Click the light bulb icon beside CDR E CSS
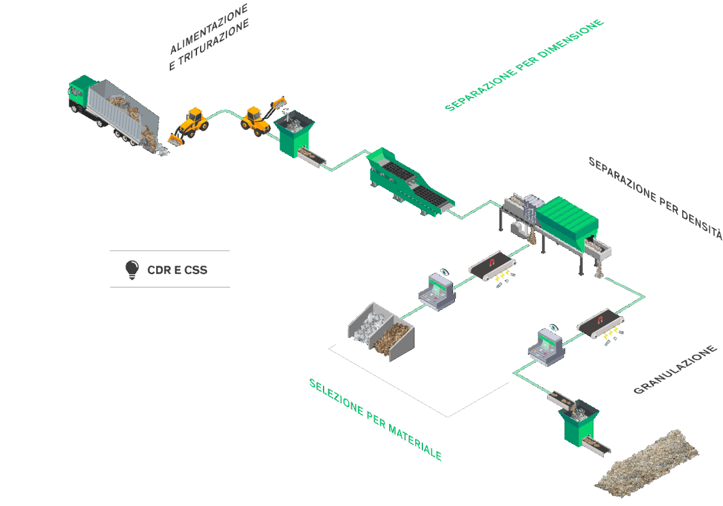pyautogui.click(x=131, y=270)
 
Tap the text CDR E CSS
pyautogui.click(x=177, y=270)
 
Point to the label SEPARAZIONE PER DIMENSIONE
pyautogui.click(x=524, y=65)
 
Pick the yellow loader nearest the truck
pyautogui.click(x=191, y=125)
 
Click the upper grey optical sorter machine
pyautogui.click(x=437, y=292)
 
